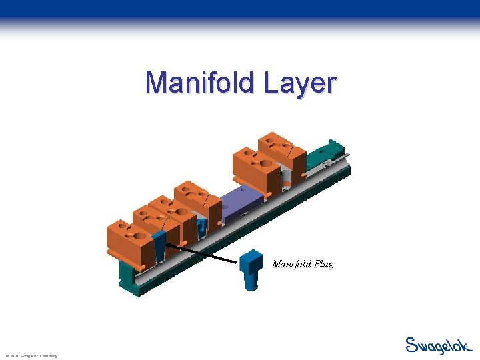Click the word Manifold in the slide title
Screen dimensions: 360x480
pos(200,83)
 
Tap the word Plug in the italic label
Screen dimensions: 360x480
pos(321,264)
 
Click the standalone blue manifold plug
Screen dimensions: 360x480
pos(251,269)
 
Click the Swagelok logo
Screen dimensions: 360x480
pos(438,345)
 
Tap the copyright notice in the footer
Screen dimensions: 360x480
pos(31,356)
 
